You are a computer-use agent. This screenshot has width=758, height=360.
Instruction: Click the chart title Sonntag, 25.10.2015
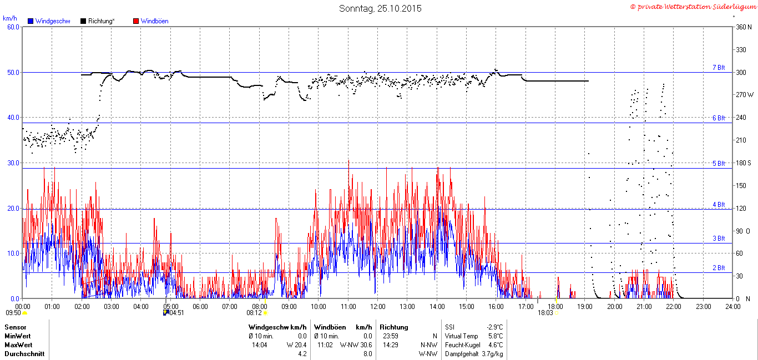pos(380,8)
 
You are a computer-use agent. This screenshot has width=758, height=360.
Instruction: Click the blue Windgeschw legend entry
pos(49,21)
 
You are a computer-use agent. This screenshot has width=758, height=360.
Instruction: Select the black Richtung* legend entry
pos(98,21)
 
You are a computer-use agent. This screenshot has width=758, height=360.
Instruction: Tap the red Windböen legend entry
pos(151,21)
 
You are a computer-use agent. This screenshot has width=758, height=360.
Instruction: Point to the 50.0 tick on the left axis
pos(13,73)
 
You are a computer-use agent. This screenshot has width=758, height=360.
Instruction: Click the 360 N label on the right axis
pos(744,27)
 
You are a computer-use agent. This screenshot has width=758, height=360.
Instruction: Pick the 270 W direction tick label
pos(745,95)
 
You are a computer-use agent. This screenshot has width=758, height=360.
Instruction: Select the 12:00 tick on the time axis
pos(378,307)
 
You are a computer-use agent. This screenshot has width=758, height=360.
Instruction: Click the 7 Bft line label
pos(719,67)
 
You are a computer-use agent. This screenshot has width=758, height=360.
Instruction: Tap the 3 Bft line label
pos(719,238)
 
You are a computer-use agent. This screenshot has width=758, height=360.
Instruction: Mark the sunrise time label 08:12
pos(254,313)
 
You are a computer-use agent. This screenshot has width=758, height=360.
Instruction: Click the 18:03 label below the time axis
pos(545,313)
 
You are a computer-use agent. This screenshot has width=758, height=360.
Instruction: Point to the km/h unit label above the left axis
pos(10,18)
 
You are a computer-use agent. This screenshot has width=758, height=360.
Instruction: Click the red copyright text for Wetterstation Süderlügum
pos(693,7)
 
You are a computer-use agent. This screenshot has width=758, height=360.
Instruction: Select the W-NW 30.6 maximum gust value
pos(356,345)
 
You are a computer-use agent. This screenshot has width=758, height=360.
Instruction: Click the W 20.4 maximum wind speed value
pos(296,345)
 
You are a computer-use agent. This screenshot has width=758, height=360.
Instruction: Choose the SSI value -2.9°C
pos(495,327)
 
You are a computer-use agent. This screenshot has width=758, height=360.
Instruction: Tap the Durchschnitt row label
pos(24,353)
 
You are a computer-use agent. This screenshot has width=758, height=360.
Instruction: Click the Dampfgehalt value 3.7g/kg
pos(492,353)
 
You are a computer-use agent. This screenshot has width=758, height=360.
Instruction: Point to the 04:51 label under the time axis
pos(176,313)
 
